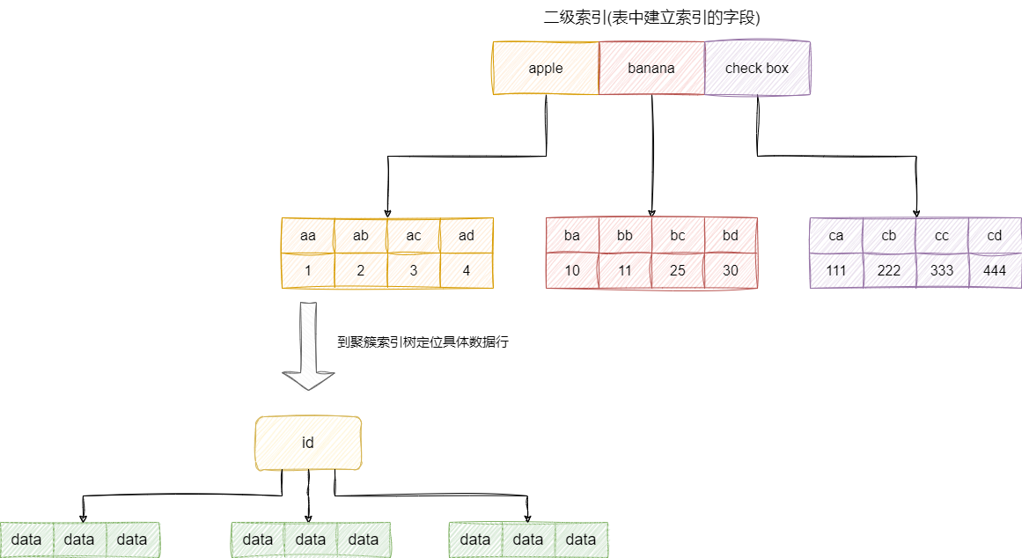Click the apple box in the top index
click(x=546, y=68)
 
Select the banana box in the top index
click(x=651, y=68)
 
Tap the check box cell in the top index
click(x=757, y=68)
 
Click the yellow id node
click(x=308, y=443)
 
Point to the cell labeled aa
click(x=308, y=235)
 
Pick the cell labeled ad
click(x=467, y=235)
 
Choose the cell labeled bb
click(x=625, y=235)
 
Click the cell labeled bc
click(x=678, y=235)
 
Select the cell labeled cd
click(x=995, y=235)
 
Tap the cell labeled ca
click(x=836, y=235)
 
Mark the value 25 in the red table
click(x=678, y=270)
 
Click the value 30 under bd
click(x=731, y=270)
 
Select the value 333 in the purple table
click(x=942, y=270)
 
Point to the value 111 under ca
click(x=836, y=270)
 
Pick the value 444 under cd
click(x=995, y=270)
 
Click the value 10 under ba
click(x=572, y=270)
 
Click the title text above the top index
click(x=651, y=18)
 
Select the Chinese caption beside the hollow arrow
click(x=423, y=342)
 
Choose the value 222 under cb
click(x=889, y=270)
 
